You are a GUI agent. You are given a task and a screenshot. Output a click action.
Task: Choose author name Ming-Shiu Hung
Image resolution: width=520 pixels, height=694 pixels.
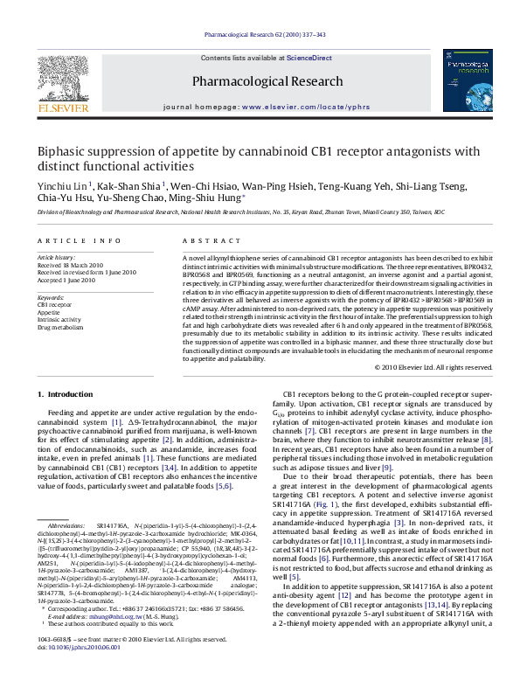[207, 198]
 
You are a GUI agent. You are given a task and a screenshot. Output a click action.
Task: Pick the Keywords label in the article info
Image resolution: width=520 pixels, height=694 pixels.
[51, 298]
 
